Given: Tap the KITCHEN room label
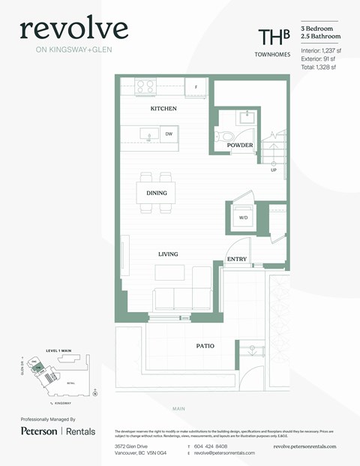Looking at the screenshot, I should coord(163,109).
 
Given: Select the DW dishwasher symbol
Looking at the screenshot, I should coord(169,134).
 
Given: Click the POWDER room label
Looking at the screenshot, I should coord(240,145).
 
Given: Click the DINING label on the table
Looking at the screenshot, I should coord(156,194).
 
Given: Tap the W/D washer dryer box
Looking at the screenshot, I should coord(243,218).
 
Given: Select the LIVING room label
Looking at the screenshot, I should coord(168,254).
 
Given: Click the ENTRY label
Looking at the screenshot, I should coord(237,260).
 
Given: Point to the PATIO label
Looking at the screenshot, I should coord(205,346).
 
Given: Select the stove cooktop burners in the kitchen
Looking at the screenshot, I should coord(145,86).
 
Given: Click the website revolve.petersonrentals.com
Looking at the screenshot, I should coord(304,446).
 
